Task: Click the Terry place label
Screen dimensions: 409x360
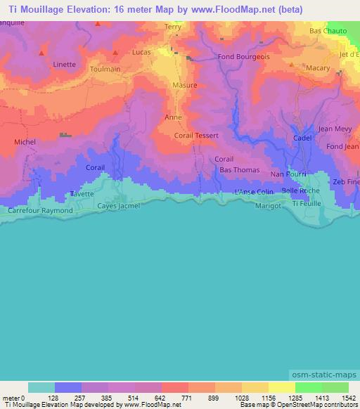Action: tap(172, 27)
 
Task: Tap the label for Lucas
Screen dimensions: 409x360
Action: tap(141, 53)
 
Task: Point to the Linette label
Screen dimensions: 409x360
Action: tap(65, 64)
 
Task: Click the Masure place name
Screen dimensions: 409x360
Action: tap(184, 84)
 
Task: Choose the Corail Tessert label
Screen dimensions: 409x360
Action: tap(196, 135)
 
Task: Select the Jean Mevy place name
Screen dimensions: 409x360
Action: tap(335, 129)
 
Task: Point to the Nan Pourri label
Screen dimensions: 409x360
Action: tap(288, 173)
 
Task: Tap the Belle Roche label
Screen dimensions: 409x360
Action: tap(300, 191)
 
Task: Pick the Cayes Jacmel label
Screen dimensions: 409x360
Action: tap(118, 205)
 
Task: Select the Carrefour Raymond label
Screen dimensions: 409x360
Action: tap(40, 210)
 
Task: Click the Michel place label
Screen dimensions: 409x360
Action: tap(25, 142)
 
